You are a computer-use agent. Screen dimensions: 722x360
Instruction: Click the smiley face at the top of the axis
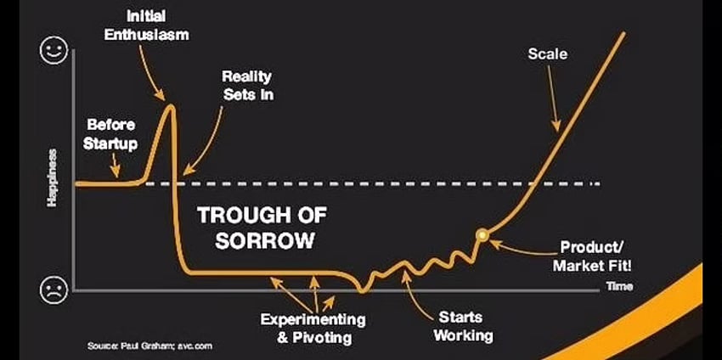tap(54, 51)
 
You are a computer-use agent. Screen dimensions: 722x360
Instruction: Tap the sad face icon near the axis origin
tap(54, 290)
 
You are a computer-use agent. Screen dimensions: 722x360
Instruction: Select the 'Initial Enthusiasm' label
tap(146, 25)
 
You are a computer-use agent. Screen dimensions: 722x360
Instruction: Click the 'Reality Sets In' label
tap(248, 85)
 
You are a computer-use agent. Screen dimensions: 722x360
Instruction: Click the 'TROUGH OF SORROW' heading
tap(262, 228)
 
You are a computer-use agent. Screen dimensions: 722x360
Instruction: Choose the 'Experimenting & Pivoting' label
tap(313, 329)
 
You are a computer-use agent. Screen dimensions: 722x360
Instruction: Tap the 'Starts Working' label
tap(463, 326)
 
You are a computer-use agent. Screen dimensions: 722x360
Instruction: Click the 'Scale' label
tap(548, 53)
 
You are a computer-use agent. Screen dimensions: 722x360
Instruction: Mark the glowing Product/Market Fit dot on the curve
tap(482, 235)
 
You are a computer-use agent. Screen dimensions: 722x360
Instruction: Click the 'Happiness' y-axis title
tap(52, 177)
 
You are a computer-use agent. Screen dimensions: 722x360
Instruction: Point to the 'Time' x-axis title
tap(619, 286)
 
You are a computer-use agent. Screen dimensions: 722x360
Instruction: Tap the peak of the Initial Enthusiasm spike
tap(171, 106)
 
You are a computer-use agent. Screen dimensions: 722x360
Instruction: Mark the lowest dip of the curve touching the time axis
tap(363, 290)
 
